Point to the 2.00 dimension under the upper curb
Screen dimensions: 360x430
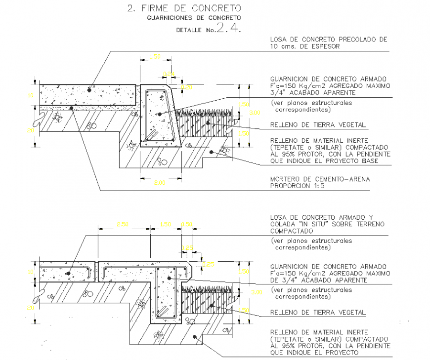159,183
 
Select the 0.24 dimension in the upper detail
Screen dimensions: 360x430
169,74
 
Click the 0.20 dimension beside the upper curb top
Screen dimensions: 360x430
187,87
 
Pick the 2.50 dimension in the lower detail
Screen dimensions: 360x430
122,224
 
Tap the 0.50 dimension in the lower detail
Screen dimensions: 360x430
187,224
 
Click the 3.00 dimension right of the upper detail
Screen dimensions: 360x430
254,113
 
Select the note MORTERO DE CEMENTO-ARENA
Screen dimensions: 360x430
320,179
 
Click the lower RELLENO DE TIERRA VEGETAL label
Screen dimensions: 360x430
318,313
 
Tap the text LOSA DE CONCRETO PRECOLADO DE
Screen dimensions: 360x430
329,40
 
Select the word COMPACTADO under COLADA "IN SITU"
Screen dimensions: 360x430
292,231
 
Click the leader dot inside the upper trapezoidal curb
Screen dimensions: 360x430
161,113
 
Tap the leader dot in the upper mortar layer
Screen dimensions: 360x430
72,107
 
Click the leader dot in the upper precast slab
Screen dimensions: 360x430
89,90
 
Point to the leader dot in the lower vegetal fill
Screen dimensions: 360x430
211,305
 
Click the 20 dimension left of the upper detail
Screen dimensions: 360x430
29,130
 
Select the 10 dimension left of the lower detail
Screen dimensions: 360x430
30,272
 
